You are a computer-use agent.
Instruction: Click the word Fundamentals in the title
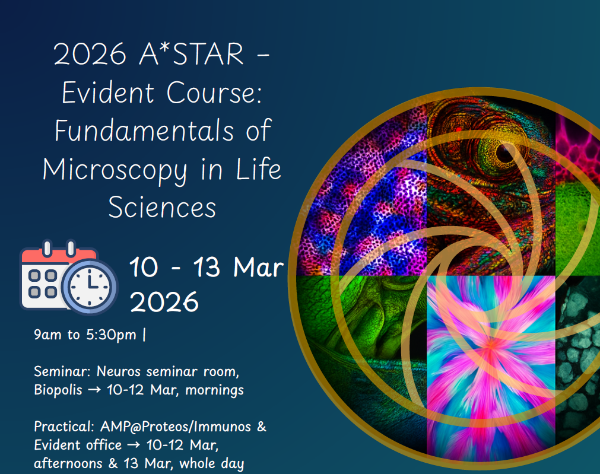(144, 131)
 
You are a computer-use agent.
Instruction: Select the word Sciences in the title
(162, 208)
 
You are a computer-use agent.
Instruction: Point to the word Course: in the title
(214, 93)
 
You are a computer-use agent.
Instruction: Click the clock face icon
(90, 287)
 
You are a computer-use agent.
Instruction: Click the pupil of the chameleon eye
(504, 153)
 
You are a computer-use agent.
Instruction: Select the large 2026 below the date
(164, 302)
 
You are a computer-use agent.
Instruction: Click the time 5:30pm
(111, 335)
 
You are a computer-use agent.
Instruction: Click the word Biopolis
(58, 390)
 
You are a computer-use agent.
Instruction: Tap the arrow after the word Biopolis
(94, 390)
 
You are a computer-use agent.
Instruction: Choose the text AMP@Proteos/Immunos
(176, 427)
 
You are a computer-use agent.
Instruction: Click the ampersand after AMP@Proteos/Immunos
(262, 427)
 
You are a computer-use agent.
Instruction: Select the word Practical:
(64, 427)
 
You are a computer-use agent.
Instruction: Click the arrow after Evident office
(134, 446)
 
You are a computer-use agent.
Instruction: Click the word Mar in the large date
(259, 267)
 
